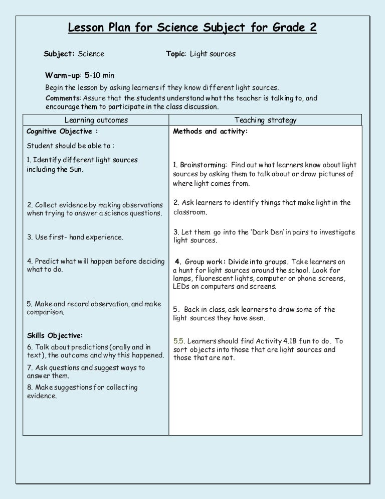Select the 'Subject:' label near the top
click(59, 54)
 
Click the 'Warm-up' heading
click(63, 76)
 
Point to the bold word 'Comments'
click(62, 98)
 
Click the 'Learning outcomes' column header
click(96, 120)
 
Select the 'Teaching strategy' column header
click(266, 120)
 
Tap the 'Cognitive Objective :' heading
click(62, 132)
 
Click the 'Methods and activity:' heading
click(211, 132)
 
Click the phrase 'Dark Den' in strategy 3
click(270, 232)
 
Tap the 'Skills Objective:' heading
click(55, 335)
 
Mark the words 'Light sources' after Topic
click(213, 54)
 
